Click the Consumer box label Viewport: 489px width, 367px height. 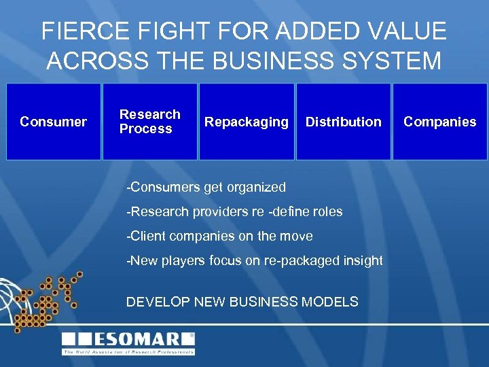53,122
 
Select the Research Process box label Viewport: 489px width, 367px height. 149,122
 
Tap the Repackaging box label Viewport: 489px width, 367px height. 247,122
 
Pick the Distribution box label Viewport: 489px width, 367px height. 343,122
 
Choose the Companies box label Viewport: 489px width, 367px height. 439,122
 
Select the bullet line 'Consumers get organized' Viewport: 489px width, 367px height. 206,187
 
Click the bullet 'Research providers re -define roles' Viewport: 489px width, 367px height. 234,211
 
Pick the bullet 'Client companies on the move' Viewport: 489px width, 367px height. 219,236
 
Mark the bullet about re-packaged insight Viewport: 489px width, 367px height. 254,260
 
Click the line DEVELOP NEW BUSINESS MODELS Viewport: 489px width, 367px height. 242,302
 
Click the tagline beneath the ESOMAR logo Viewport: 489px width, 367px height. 128,352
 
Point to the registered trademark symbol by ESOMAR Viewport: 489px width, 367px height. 191,334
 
